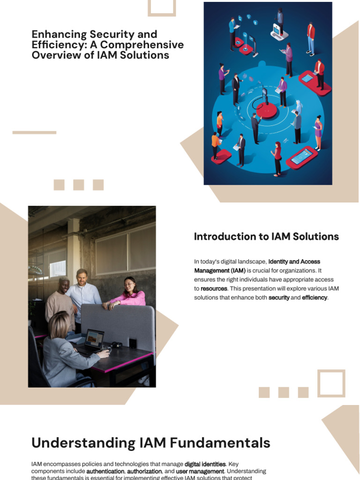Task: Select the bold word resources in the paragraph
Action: tap(214, 289)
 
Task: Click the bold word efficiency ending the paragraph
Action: tap(315, 298)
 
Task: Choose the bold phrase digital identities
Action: tap(205, 464)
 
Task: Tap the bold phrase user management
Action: tap(200, 471)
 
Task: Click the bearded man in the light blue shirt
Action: tap(83, 293)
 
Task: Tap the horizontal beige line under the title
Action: tap(34, 133)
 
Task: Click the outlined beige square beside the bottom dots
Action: tap(331, 383)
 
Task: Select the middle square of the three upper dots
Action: tap(79, 185)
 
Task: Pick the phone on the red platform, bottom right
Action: tap(301, 157)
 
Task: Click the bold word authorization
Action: tap(144, 471)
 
